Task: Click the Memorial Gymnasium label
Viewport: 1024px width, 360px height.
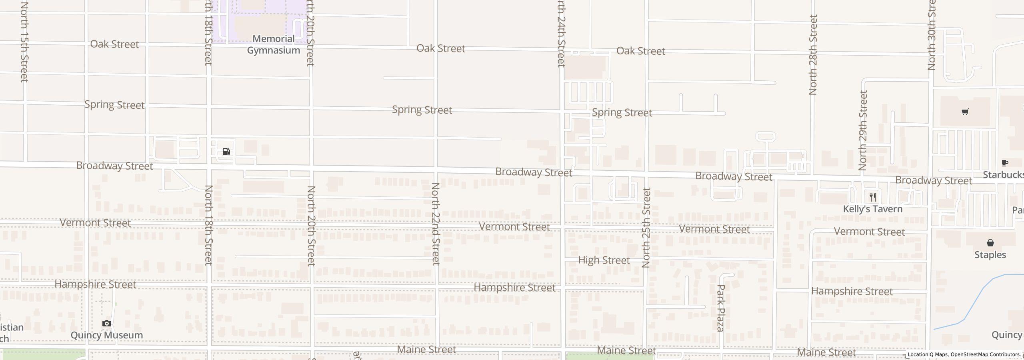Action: (273, 44)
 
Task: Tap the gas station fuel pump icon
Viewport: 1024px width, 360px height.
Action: (226, 152)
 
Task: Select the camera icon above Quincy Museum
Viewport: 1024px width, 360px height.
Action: (106, 323)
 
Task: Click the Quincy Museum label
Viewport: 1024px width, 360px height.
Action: (106, 335)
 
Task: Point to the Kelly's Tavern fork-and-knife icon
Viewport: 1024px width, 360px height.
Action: (873, 197)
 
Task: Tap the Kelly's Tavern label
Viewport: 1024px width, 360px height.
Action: (872, 209)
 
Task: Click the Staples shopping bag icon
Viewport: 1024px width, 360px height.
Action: (990, 243)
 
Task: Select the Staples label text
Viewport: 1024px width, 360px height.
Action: (990, 255)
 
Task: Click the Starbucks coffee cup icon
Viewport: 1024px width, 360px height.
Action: (1004, 163)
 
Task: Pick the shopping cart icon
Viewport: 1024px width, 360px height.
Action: (965, 112)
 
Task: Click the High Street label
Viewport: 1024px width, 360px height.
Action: (604, 260)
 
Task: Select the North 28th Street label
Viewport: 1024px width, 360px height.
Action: (813, 55)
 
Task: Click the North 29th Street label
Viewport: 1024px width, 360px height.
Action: (863, 130)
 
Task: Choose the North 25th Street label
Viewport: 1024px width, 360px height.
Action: (646, 227)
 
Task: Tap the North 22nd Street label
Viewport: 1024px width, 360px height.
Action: (436, 224)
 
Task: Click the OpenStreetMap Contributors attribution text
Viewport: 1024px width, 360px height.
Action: (985, 354)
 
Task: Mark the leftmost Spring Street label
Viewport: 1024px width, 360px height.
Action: (114, 105)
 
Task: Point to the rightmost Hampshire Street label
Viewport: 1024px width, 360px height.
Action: (852, 292)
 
